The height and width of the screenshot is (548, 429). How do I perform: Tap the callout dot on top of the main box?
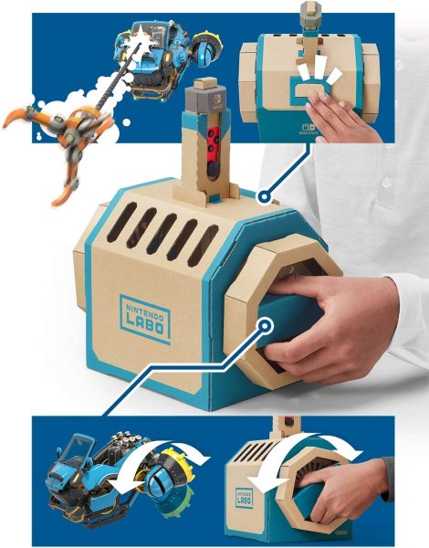263,195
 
